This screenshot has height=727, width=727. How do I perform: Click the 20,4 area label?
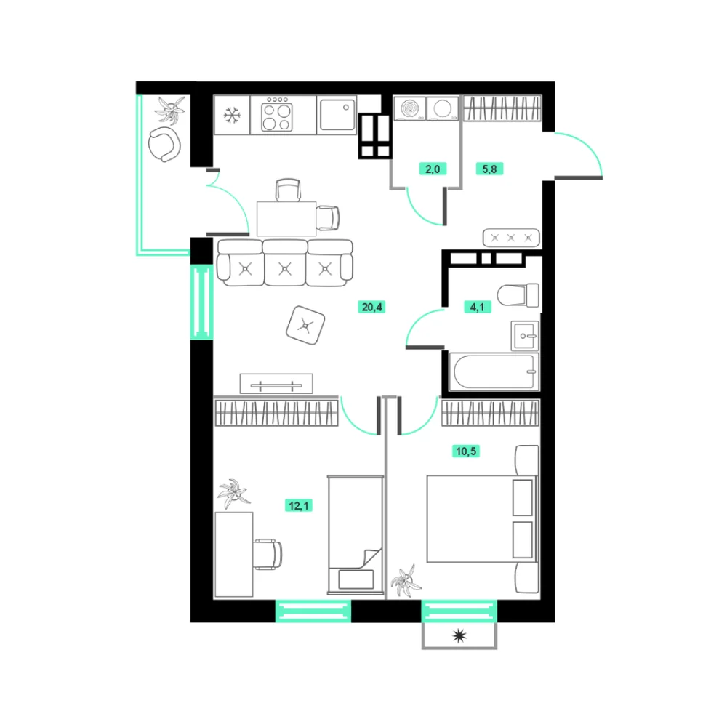point(371,307)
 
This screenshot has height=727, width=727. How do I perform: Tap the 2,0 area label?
point(433,169)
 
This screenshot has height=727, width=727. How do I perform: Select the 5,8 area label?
point(489,169)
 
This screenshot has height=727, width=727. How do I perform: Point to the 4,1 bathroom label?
point(477,307)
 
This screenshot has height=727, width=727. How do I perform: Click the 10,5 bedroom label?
point(466,451)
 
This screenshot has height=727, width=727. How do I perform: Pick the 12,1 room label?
point(299,505)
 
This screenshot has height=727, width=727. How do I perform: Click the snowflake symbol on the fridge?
point(232,115)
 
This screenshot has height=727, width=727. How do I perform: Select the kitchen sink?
point(337,116)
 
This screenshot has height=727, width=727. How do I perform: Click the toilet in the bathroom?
point(518,295)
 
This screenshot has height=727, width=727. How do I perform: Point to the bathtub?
point(494,371)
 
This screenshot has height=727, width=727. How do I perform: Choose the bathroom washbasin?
point(525,336)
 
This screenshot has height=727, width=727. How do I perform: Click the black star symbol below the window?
point(459,636)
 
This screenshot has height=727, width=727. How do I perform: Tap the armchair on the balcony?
point(164,145)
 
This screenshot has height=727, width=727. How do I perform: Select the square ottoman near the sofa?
point(305,325)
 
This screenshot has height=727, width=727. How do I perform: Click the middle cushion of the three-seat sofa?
point(285,263)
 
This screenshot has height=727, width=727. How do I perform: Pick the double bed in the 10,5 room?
point(482,519)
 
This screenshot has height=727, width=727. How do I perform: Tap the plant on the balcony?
point(171,111)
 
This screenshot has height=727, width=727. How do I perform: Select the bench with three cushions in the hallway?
point(511,238)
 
